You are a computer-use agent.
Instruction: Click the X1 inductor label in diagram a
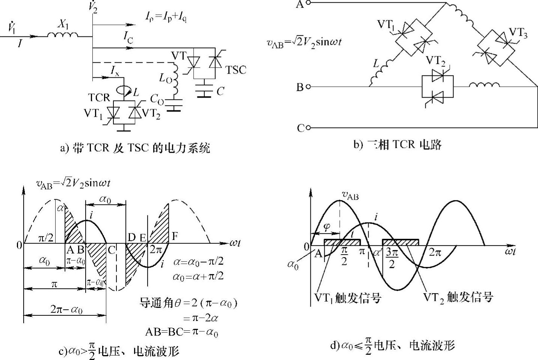pos(62,24)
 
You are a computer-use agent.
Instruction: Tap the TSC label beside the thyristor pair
pos(236,70)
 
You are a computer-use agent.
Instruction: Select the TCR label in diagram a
pos(99,98)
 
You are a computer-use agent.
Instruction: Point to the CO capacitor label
pos(157,99)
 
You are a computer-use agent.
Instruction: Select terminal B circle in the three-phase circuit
pos(308,87)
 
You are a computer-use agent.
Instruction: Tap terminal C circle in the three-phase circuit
pos(308,128)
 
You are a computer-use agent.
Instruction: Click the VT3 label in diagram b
pos(518,33)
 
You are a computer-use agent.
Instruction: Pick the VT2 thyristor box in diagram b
pos(437,87)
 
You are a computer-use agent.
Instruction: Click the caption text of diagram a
pos(135,148)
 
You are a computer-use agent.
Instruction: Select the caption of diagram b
pos(397,145)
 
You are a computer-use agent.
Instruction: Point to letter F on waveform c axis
pos(175,236)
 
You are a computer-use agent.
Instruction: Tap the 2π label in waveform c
pos(155,250)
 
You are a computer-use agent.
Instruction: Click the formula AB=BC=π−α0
pos(181,332)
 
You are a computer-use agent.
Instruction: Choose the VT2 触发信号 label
pos(458,297)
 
